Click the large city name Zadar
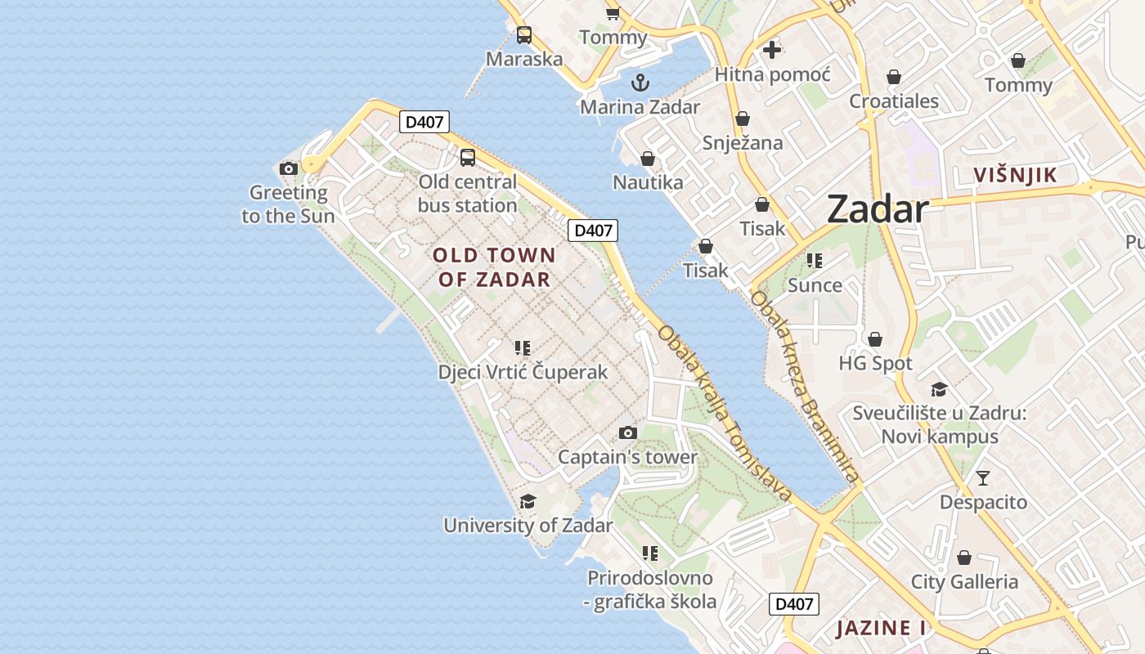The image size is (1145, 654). click(877, 209)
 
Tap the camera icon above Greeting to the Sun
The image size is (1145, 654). click(288, 168)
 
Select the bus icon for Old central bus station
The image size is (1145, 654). click(468, 158)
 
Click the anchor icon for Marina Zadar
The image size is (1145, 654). click(640, 82)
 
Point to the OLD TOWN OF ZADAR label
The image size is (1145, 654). click(494, 267)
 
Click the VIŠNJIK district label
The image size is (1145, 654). click(1016, 175)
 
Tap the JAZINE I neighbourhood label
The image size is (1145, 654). click(881, 629)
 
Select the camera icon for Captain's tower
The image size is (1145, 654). click(628, 432)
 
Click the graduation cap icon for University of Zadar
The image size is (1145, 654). click(528, 501)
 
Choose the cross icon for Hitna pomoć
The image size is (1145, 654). click(771, 50)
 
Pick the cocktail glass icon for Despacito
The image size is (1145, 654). click(983, 478)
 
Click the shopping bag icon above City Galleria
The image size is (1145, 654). click(964, 558)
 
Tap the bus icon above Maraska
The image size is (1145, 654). click(524, 35)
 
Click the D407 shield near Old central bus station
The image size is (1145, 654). click(424, 123)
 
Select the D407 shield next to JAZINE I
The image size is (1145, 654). click(793, 604)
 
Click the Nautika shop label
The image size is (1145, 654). click(648, 182)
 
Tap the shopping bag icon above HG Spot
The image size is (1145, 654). click(875, 338)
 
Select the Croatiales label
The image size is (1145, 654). click(894, 102)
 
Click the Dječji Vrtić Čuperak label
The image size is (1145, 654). click(523, 372)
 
